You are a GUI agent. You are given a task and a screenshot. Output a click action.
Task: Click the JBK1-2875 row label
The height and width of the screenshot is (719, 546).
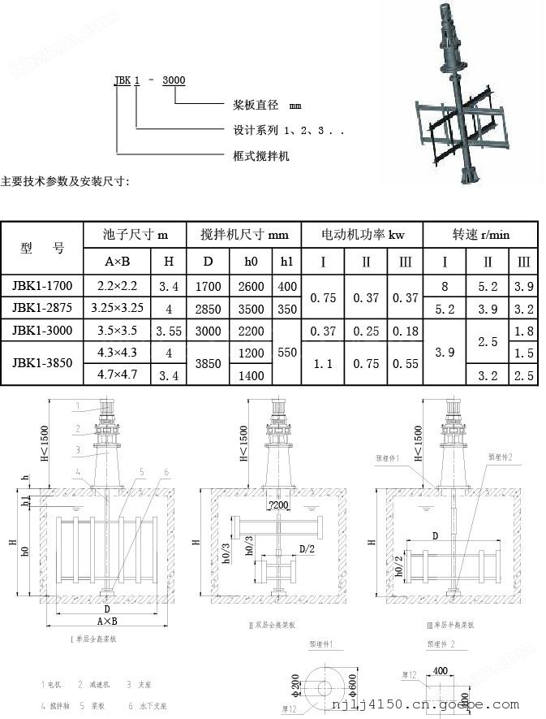click(x=43, y=309)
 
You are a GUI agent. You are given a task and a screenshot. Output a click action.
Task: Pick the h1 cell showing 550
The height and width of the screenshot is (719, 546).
click(x=287, y=353)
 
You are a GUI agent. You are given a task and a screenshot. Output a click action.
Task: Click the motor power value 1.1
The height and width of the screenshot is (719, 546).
click(x=323, y=364)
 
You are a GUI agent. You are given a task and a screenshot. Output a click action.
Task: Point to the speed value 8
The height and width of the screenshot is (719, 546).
click(x=445, y=287)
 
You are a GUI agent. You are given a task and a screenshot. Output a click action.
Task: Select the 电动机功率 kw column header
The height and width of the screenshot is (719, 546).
click(x=363, y=235)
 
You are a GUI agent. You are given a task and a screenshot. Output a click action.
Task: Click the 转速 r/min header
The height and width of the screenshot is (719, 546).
click(x=481, y=235)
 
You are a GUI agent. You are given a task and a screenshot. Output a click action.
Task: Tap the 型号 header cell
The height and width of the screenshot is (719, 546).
click(x=42, y=248)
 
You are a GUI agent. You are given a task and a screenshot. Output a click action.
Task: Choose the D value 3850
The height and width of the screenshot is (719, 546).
click(x=209, y=364)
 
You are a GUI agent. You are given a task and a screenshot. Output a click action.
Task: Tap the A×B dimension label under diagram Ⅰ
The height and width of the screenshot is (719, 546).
click(x=107, y=621)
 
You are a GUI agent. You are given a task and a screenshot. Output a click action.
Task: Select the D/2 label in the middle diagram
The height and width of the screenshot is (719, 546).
click(x=306, y=550)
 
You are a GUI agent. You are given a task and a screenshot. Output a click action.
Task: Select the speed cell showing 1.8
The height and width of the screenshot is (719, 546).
click(x=524, y=331)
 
